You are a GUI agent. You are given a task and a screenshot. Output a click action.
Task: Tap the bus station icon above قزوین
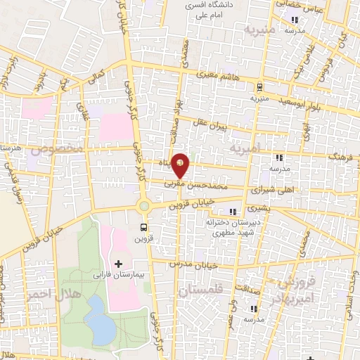click(144, 227)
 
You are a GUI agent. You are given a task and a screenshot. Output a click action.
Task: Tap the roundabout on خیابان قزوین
click(144, 206)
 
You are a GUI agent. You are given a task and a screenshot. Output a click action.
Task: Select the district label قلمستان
click(200, 290)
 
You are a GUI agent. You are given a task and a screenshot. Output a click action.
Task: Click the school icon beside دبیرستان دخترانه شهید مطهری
click(233, 212)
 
